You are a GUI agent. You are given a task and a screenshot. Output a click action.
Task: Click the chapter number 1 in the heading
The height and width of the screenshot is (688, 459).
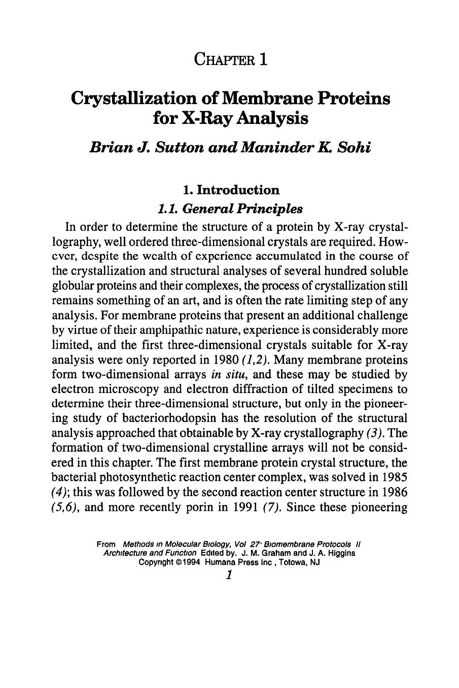point(262,59)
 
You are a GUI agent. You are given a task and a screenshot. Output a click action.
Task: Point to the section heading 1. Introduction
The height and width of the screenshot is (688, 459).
point(231,190)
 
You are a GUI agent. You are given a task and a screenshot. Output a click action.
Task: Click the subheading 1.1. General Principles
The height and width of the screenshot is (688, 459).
point(230,209)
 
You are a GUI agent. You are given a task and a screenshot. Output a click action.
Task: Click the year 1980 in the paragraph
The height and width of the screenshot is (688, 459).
point(213,360)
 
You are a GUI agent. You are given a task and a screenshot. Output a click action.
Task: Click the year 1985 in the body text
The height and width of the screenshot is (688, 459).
point(393,478)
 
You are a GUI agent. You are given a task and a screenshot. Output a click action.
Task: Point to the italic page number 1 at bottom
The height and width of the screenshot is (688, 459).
point(230,576)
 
